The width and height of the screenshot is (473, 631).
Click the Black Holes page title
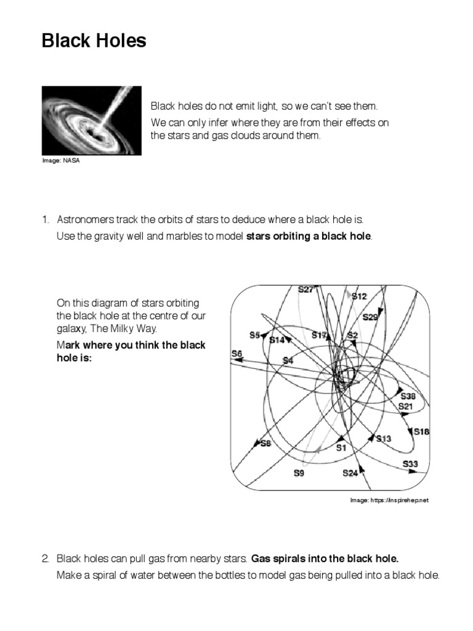click(94, 41)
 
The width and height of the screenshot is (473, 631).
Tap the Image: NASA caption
click(61, 161)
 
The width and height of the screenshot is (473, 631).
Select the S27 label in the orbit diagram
click(306, 289)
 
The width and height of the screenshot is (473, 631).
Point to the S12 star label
click(359, 296)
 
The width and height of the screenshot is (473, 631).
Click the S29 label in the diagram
click(370, 317)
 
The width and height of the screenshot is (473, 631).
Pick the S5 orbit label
click(255, 335)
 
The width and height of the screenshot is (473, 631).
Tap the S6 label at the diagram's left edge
click(236, 353)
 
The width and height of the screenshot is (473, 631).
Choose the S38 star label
click(408, 396)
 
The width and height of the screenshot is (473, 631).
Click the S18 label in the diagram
click(421, 431)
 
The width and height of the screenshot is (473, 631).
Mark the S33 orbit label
click(410, 463)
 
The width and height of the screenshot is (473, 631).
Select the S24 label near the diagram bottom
click(350, 473)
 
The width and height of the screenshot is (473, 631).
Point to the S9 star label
click(298, 473)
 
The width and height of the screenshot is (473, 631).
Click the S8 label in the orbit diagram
click(265, 442)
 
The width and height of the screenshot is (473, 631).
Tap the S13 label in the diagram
click(384, 438)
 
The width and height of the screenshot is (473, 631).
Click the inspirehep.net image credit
click(389, 500)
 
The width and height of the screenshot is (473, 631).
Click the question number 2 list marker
click(46, 560)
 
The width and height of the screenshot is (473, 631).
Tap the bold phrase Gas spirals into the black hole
click(325, 560)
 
